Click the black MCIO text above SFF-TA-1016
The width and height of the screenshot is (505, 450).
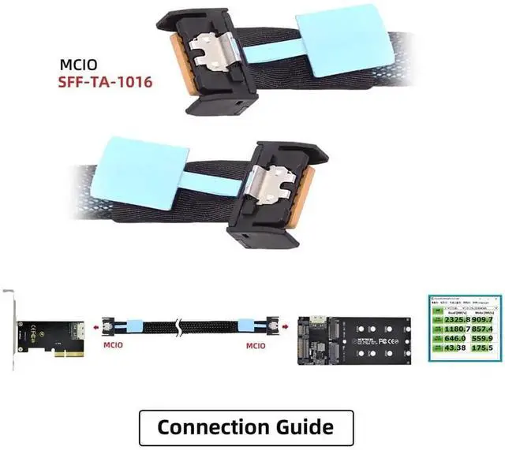tap(80, 65)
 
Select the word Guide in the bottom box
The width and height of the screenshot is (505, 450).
tap(301, 427)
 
